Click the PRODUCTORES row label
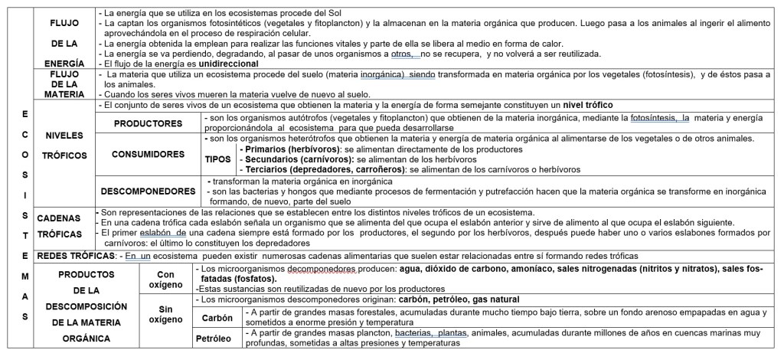tap(148, 123)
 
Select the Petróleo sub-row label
tap(216, 338)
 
